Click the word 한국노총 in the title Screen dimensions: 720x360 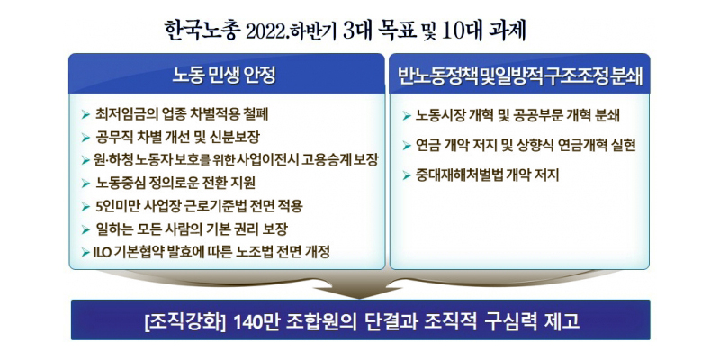pyautogui.click(x=202, y=31)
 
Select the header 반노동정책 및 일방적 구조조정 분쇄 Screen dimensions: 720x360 pyautogui.click(x=520, y=76)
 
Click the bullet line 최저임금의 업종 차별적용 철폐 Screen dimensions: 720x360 pyautogui.click(x=182, y=114)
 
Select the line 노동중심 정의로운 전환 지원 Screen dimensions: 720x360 pyautogui.click(x=175, y=184)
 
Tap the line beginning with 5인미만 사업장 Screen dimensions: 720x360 pyautogui.click(x=199, y=206)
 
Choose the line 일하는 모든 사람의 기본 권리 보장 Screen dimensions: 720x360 pyautogui.click(x=192, y=229)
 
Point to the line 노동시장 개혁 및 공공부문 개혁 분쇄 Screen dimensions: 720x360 pyautogui.click(x=517, y=116)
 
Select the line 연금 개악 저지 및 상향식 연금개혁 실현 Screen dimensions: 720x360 pyautogui.click(x=526, y=146)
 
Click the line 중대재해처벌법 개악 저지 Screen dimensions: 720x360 pyautogui.click(x=487, y=175)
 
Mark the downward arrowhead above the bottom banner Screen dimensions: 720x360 pyautogui.click(x=359, y=292)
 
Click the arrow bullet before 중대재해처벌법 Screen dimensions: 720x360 pyautogui.click(x=407, y=175)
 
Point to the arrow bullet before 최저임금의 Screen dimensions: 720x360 pyautogui.click(x=85, y=114)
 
